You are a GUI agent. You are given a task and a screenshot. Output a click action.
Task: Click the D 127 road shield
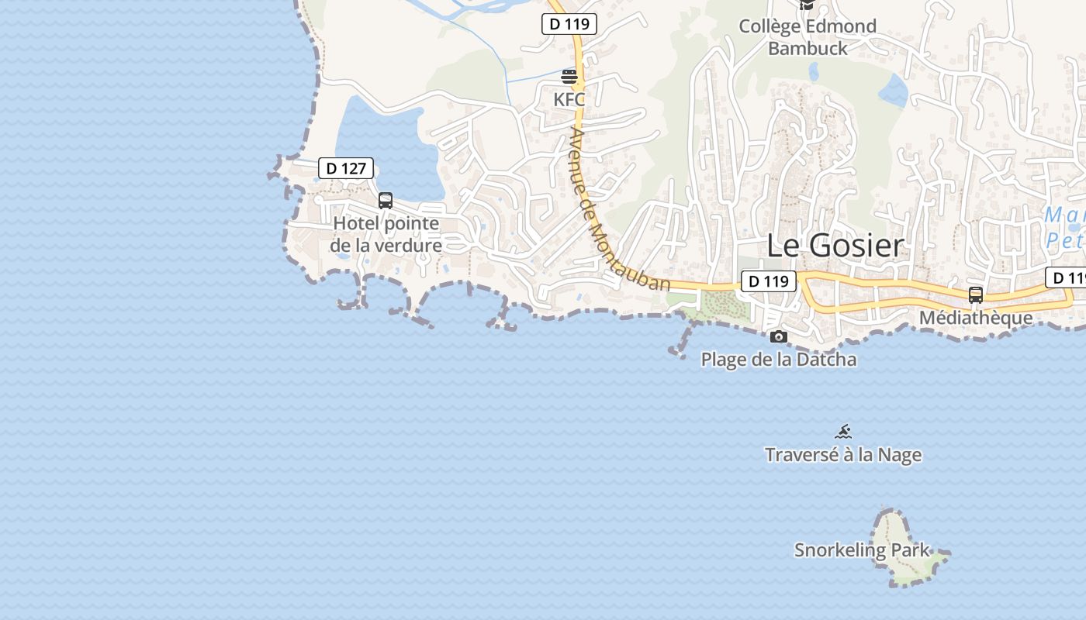click(346, 168)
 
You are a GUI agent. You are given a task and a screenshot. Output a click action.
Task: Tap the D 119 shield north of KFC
click(569, 24)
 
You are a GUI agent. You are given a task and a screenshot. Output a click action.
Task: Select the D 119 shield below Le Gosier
click(769, 281)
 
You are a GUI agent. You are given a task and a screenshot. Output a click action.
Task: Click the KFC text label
click(569, 99)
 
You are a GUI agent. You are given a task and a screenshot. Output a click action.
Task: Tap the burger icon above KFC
click(569, 77)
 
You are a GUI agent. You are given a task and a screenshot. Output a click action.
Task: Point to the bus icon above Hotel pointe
click(386, 201)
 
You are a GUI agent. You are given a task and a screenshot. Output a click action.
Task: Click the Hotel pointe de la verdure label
click(386, 234)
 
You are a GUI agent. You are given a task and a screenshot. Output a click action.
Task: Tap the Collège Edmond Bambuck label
click(808, 36)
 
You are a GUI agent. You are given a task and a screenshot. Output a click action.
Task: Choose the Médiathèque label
click(976, 318)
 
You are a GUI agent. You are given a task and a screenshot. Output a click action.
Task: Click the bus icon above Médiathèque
click(976, 295)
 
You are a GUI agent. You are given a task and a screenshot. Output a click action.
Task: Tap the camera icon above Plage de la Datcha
click(779, 336)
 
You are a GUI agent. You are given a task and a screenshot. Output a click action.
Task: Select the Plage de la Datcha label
click(779, 360)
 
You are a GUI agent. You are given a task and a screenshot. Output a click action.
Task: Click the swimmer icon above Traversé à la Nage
click(844, 432)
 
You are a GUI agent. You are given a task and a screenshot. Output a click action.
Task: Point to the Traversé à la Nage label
click(843, 455)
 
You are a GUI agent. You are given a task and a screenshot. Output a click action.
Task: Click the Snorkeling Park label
click(862, 550)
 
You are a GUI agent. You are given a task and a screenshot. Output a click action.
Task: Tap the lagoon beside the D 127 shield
click(380, 139)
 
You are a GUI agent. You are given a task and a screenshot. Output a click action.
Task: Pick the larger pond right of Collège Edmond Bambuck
click(894, 91)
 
